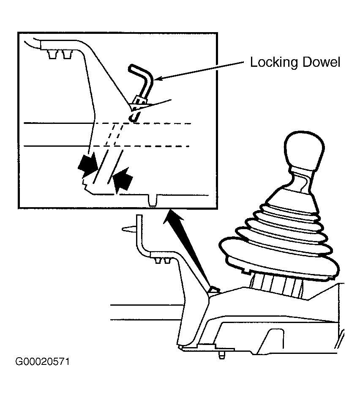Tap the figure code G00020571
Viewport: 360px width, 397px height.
tap(43, 361)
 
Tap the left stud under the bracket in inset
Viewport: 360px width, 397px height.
tap(52, 55)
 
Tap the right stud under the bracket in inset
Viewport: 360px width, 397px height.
tap(67, 55)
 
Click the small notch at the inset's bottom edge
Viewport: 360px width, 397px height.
tap(152, 200)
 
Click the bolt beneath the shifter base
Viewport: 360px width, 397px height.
tap(222, 355)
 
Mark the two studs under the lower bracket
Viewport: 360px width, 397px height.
tap(162, 261)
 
